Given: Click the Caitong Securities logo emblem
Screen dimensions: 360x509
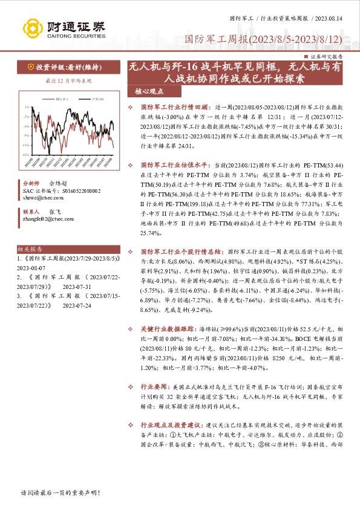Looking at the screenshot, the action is (x=36, y=27).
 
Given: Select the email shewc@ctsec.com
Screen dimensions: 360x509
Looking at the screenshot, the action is (x=41, y=197).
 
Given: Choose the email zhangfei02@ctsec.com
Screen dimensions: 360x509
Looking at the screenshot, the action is (x=47, y=219).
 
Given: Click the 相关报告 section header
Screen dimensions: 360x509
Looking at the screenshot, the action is (x=30, y=248).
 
